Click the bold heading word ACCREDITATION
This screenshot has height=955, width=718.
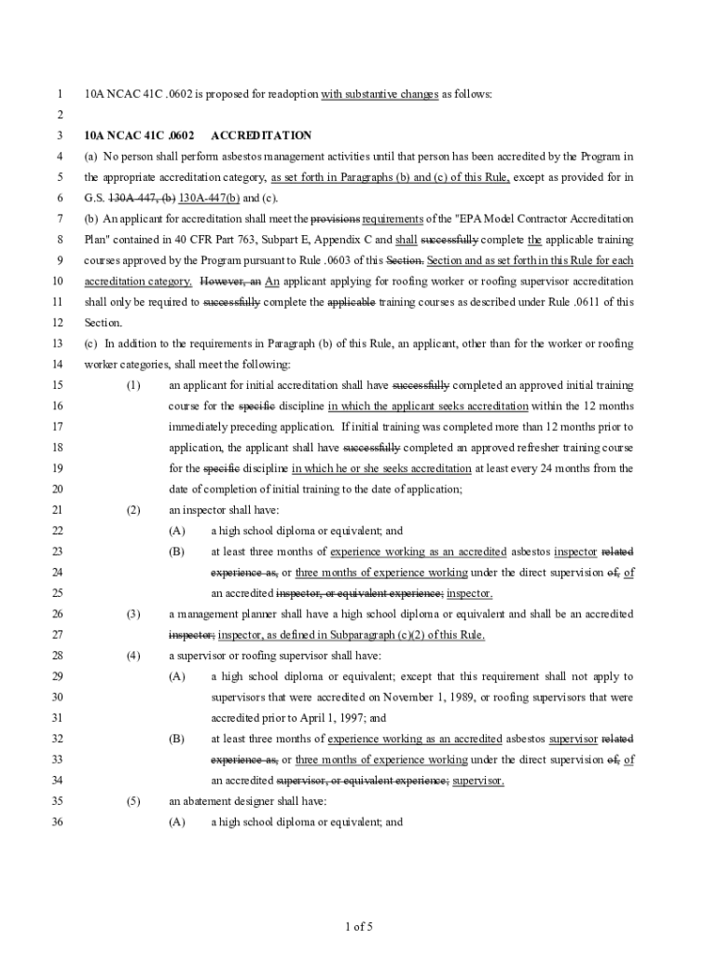[262, 136]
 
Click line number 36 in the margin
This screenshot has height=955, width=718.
[57, 822]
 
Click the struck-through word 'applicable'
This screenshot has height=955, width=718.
[351, 302]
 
